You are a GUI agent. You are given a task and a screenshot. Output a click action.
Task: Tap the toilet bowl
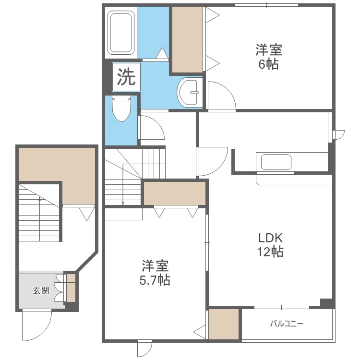coord(121,109)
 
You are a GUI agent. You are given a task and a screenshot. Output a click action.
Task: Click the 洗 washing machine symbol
coord(126,77)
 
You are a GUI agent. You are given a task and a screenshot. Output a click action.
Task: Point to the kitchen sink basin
coord(276,162)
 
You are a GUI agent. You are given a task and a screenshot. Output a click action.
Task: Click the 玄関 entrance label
coord(41,291)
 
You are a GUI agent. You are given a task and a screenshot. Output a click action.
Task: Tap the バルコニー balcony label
coord(287,324)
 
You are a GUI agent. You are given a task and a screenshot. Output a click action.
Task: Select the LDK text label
coord(270,238)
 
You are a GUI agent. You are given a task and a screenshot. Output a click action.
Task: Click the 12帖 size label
coord(270,252)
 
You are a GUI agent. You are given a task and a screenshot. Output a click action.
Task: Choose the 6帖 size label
coord(269,64)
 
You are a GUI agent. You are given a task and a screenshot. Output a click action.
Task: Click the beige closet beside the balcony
coord(224,324)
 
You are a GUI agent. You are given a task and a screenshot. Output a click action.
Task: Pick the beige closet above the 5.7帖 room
coord(175,193)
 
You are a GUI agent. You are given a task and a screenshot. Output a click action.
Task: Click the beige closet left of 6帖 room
coord(187,39)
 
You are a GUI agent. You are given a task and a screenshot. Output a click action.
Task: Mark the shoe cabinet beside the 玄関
coord(71,288)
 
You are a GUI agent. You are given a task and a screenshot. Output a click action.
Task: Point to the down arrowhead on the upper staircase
coord(123,203)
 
